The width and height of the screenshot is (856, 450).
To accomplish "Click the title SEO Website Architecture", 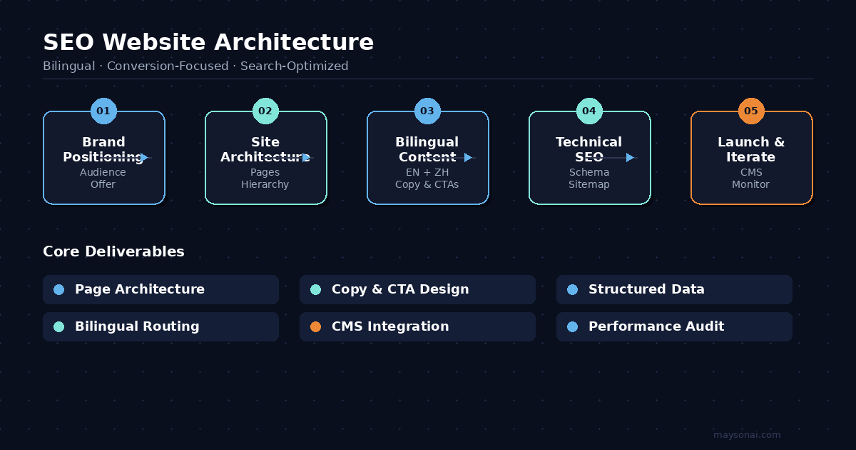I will tap(208, 42).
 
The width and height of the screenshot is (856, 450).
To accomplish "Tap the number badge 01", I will tap(103, 111).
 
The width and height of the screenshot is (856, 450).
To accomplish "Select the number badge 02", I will tap(265, 111).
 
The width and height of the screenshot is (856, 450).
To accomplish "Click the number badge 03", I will tap(427, 111).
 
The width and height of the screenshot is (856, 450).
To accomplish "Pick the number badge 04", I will tap(589, 111).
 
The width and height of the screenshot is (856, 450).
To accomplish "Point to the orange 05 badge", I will tap(751, 111).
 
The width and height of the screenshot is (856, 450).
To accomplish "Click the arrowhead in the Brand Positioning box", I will tap(145, 157).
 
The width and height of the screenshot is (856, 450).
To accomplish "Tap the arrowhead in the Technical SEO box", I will tap(630, 157).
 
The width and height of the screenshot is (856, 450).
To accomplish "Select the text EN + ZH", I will tap(427, 172).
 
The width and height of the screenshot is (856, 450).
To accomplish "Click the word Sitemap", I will tap(589, 184).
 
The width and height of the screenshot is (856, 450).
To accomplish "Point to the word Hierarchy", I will tap(265, 184).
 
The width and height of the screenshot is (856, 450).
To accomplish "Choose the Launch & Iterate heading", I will tap(751, 149).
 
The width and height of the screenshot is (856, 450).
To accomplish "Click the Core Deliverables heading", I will tap(113, 251).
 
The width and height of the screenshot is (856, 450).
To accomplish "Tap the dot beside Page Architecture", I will tap(58, 289).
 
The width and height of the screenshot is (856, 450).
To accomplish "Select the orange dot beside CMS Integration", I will tap(315, 326).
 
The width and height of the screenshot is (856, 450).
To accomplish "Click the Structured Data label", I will tap(646, 289).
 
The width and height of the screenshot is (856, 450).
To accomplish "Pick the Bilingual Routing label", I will tap(137, 326).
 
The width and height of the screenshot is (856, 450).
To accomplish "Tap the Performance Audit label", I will tap(656, 326).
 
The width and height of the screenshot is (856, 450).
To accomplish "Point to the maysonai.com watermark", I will tap(747, 434).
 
